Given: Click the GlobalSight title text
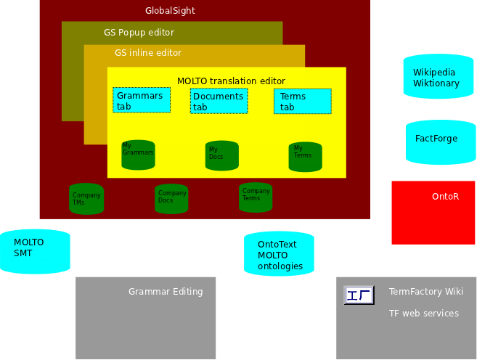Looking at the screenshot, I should pyautogui.click(x=170, y=11).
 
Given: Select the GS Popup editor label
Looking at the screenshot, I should pyautogui.click(x=139, y=33).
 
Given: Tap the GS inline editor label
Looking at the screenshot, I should pyautogui.click(x=148, y=53).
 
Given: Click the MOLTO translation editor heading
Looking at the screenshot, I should pyautogui.click(x=231, y=81).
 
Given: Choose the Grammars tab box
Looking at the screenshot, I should pyautogui.click(x=142, y=101).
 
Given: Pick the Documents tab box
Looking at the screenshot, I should pyautogui.click(x=219, y=102).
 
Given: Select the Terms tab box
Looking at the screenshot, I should pyautogui.click(x=302, y=102).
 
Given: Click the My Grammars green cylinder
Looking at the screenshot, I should pyautogui.click(x=138, y=155).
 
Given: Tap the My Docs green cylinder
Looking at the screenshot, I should pyautogui.click(x=222, y=156).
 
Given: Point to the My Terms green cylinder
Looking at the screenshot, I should pyautogui.click(x=305, y=157).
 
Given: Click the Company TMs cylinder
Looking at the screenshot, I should pyautogui.click(x=86, y=199).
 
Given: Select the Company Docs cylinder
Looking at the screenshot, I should pyautogui.click(x=171, y=198).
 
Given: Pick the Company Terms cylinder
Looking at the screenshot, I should pyautogui.click(x=256, y=197).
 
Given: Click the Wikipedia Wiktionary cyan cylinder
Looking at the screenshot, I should pyautogui.click(x=438, y=76).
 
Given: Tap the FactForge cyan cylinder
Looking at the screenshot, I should pyautogui.click(x=441, y=142).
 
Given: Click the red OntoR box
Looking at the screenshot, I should pyautogui.click(x=433, y=212).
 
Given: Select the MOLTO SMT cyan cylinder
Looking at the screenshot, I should pyautogui.click(x=35, y=251).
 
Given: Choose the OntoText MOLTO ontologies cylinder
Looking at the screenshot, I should pyautogui.click(x=279, y=254).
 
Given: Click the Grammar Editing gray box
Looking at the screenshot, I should pyautogui.click(x=145, y=317).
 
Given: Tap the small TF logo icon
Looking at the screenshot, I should pyautogui.click(x=359, y=295).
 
